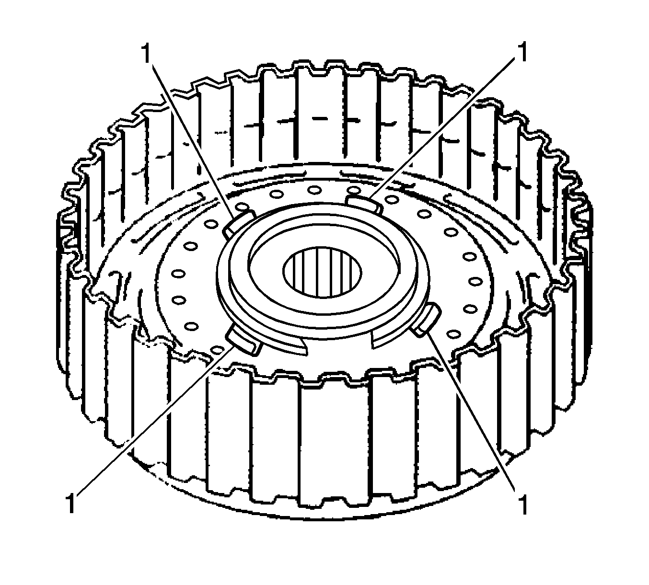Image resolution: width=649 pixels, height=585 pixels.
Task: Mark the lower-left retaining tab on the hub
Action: [243, 340]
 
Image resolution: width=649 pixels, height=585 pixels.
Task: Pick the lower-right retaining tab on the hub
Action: [426, 319]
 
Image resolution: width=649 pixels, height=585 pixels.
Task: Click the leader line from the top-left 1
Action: [192, 139]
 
